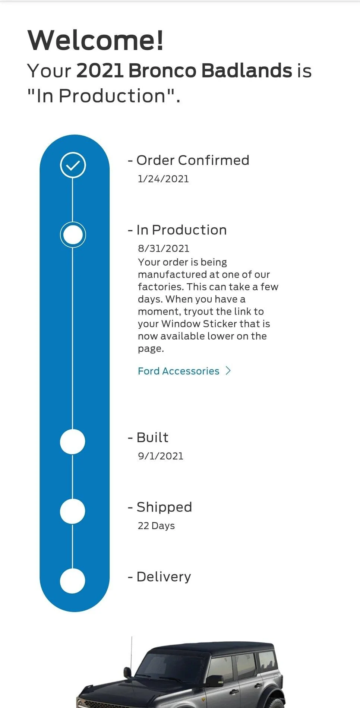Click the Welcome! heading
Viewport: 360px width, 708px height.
(95, 40)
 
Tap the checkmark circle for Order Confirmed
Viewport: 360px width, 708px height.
(73, 165)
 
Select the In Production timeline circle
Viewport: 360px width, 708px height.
(73, 235)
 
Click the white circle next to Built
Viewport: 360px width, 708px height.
(73, 442)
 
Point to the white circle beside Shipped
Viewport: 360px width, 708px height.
(73, 511)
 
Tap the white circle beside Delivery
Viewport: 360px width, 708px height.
(73, 581)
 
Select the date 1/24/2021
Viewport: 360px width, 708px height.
(163, 179)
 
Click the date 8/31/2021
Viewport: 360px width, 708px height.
(164, 249)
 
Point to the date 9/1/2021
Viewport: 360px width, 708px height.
(161, 456)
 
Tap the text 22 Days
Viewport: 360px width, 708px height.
(156, 526)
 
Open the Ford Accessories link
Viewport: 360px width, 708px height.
(179, 371)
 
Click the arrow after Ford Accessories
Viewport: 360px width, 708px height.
(228, 371)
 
